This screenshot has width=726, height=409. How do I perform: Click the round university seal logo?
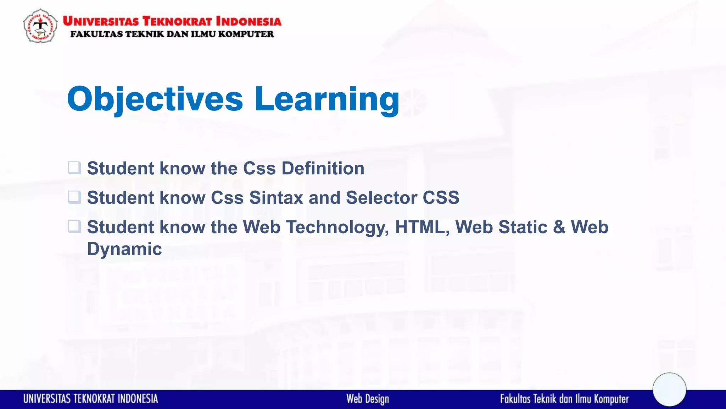click(40, 26)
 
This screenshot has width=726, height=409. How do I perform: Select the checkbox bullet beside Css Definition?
click(74, 168)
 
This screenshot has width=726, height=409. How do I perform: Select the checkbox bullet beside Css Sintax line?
click(74, 197)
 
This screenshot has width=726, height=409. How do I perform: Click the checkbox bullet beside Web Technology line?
click(74, 227)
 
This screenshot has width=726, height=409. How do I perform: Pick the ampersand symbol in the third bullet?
click(559, 227)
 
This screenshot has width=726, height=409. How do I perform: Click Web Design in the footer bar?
click(368, 399)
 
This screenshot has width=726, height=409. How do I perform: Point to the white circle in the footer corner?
click(669, 389)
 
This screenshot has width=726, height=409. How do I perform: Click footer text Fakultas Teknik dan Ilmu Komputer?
click(564, 399)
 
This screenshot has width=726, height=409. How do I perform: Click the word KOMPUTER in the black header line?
click(246, 34)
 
